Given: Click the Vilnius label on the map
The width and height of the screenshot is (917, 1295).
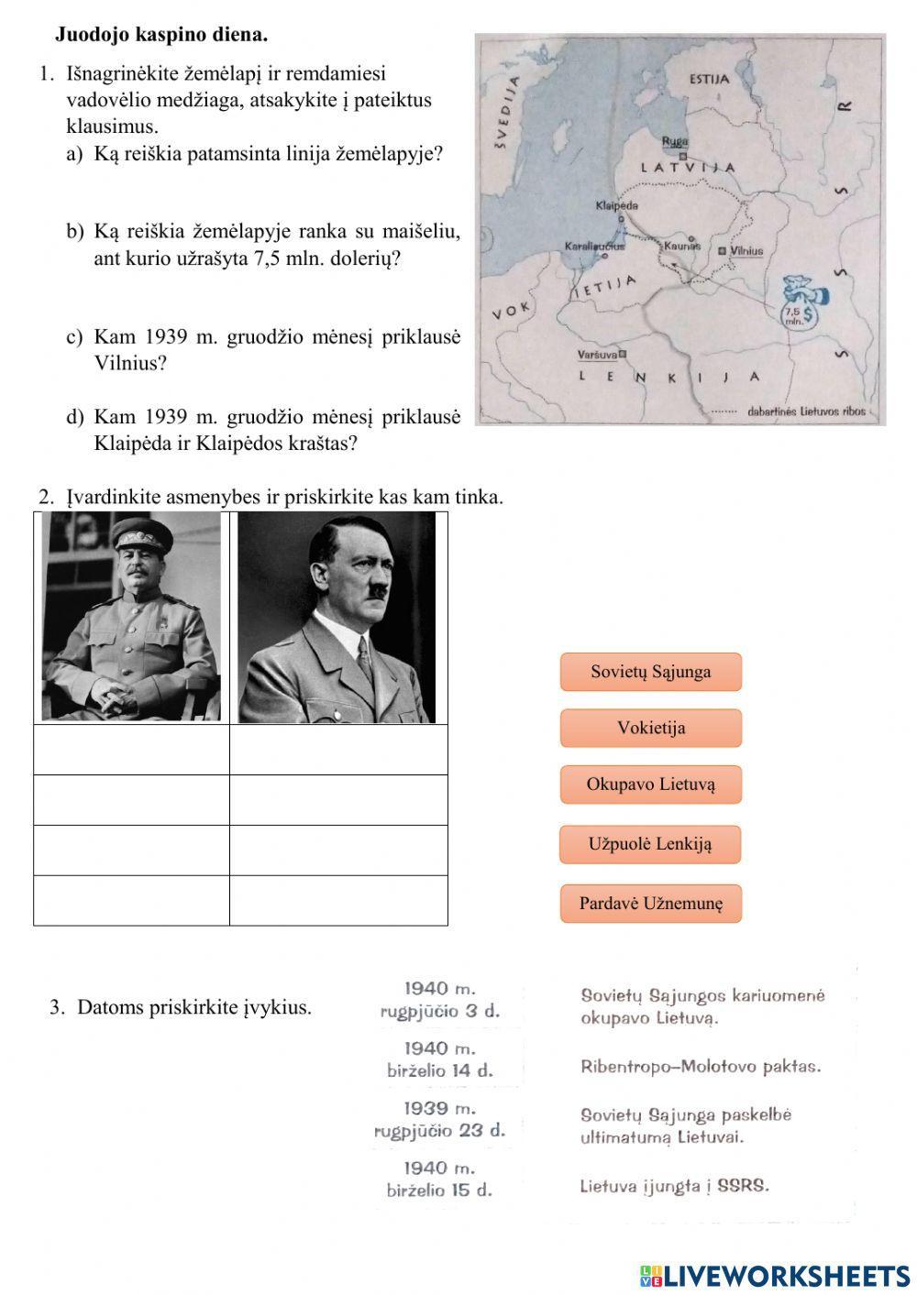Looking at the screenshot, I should click(746, 250).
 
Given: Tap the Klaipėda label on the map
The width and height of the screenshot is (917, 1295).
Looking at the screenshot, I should click(616, 205).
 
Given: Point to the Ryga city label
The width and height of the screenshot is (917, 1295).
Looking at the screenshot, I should click(675, 141).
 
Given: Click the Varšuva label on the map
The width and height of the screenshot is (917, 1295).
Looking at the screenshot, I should click(597, 354).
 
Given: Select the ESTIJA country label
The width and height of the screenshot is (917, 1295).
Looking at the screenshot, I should click(709, 79).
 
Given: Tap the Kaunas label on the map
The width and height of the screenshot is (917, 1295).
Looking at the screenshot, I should click(682, 246).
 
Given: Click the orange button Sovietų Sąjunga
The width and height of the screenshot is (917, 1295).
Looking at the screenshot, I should click(650, 672).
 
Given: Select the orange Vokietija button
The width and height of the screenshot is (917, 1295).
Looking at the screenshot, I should click(650, 729).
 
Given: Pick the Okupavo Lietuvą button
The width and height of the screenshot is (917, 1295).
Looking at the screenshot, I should click(650, 785).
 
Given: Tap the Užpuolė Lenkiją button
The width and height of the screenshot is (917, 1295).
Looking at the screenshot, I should click(650, 844).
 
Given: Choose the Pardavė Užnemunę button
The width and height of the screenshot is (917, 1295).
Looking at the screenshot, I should click(650, 904).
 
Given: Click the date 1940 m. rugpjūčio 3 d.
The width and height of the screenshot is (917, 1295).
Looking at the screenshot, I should click(440, 1001).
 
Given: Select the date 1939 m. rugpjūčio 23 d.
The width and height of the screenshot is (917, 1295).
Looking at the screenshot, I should click(440, 1119).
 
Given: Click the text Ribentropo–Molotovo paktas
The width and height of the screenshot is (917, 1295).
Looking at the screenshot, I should click(701, 1067).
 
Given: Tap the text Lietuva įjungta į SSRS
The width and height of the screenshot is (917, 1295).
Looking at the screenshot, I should click(674, 1186).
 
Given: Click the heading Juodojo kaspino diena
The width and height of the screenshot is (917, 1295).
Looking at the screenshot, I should click(161, 35).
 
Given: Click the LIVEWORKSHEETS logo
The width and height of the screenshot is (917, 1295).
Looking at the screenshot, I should click(775, 1275).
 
